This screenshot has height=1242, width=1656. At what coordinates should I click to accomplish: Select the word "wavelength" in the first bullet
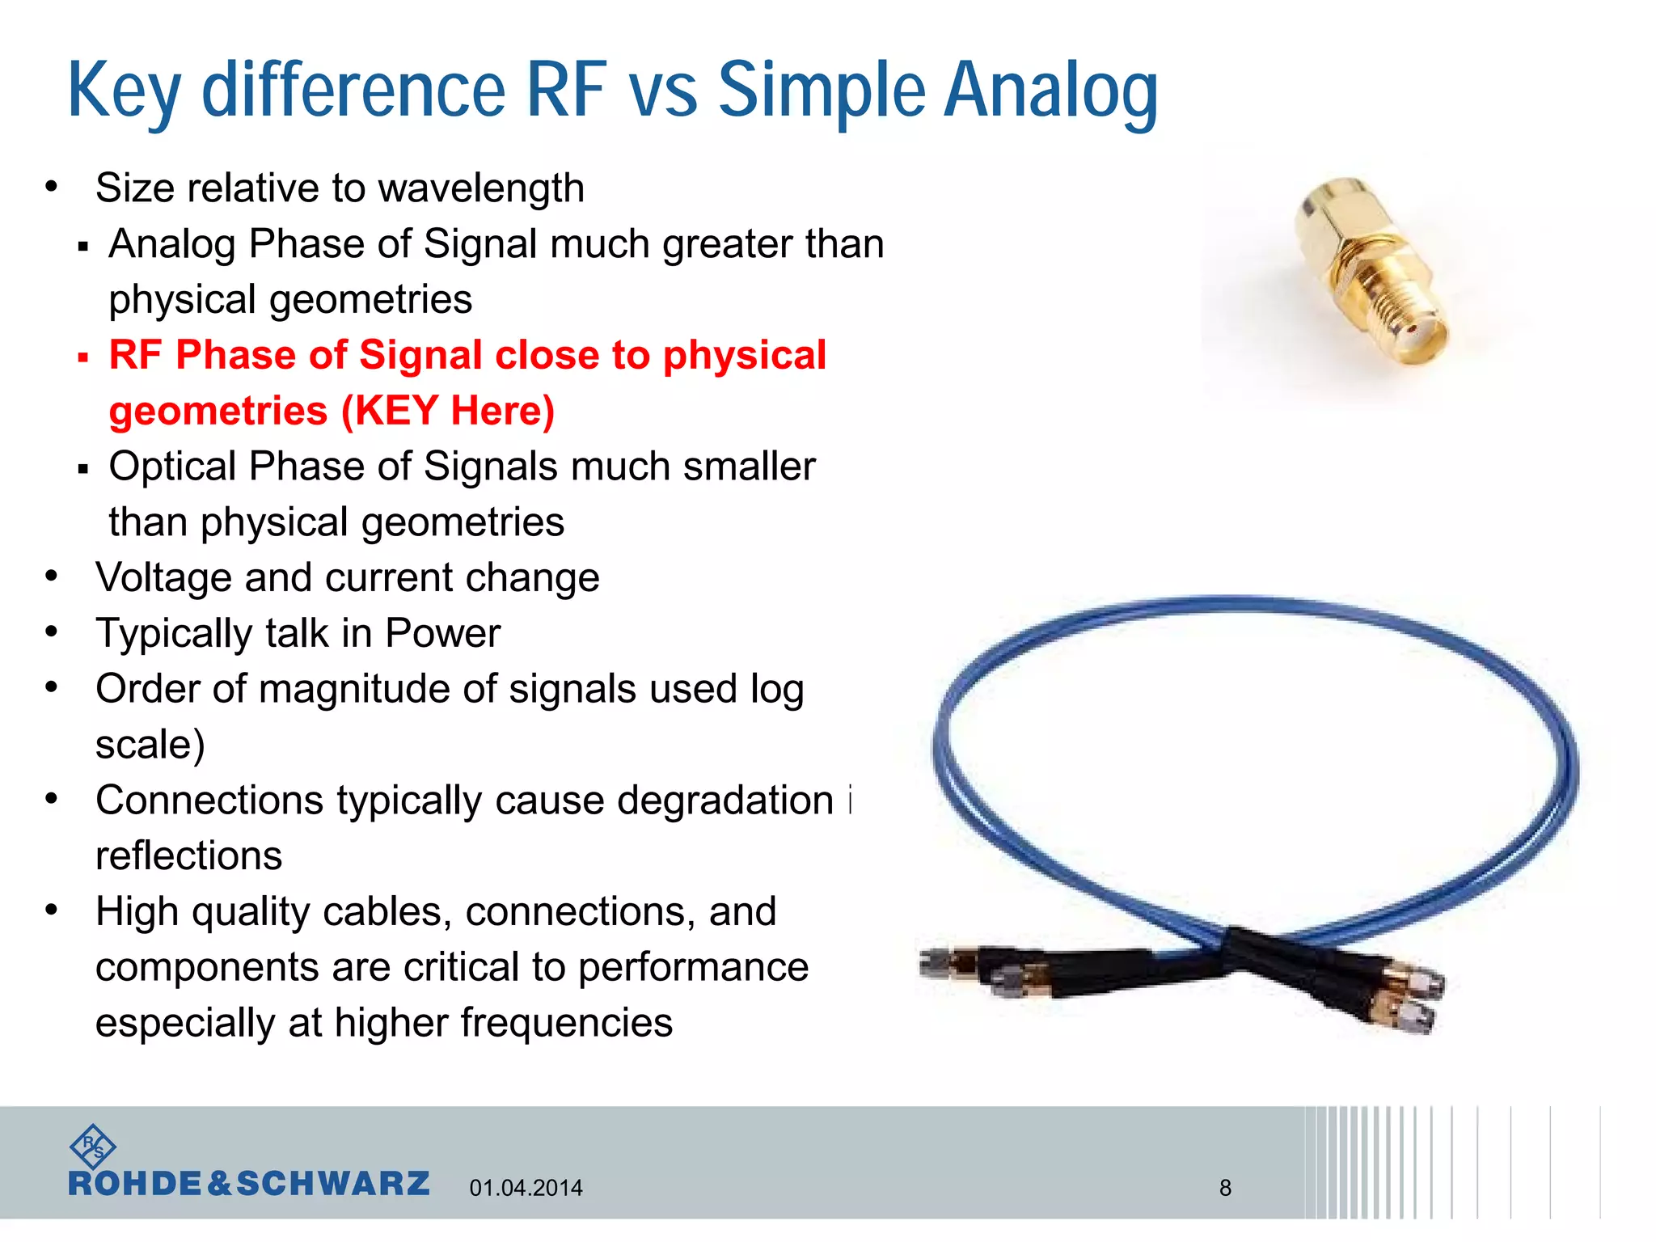pos(481,188)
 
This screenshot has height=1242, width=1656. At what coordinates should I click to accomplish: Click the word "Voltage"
pos(163,578)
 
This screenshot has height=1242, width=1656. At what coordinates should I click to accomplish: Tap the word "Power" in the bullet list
pos(442,633)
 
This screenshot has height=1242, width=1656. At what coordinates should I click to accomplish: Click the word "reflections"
pos(188,855)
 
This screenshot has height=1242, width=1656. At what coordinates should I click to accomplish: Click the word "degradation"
pos(724,801)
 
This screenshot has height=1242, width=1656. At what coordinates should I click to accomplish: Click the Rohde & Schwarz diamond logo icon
pos(92,1147)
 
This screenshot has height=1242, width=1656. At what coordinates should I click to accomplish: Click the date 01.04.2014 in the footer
pos(526,1188)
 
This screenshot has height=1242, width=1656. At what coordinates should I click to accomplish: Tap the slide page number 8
pos(1225,1188)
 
